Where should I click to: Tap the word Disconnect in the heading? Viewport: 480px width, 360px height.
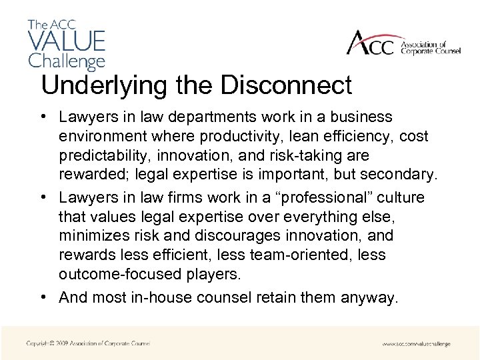(287, 85)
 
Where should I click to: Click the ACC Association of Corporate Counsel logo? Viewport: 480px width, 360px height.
(403, 44)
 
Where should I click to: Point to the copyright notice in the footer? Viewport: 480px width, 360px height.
(88, 343)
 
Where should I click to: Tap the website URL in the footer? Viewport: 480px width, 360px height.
(416, 344)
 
